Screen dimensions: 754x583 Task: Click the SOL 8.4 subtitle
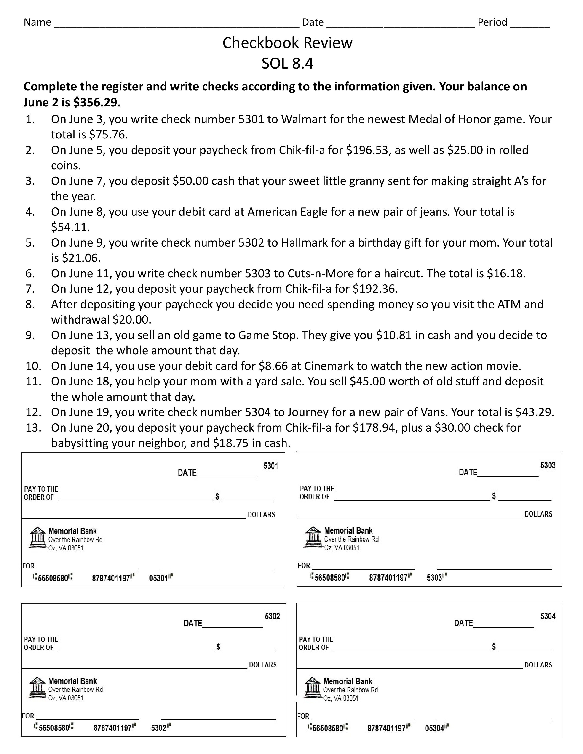tap(287, 64)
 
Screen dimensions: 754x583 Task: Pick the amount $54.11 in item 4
tap(70, 227)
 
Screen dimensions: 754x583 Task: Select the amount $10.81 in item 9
tap(394, 335)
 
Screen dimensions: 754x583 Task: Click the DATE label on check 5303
tap(468, 472)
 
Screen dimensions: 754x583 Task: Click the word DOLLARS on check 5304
tap(538, 665)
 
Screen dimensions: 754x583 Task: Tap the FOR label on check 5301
tap(28, 566)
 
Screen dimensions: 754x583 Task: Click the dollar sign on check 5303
tap(494, 496)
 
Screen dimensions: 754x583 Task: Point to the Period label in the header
tap(492, 22)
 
